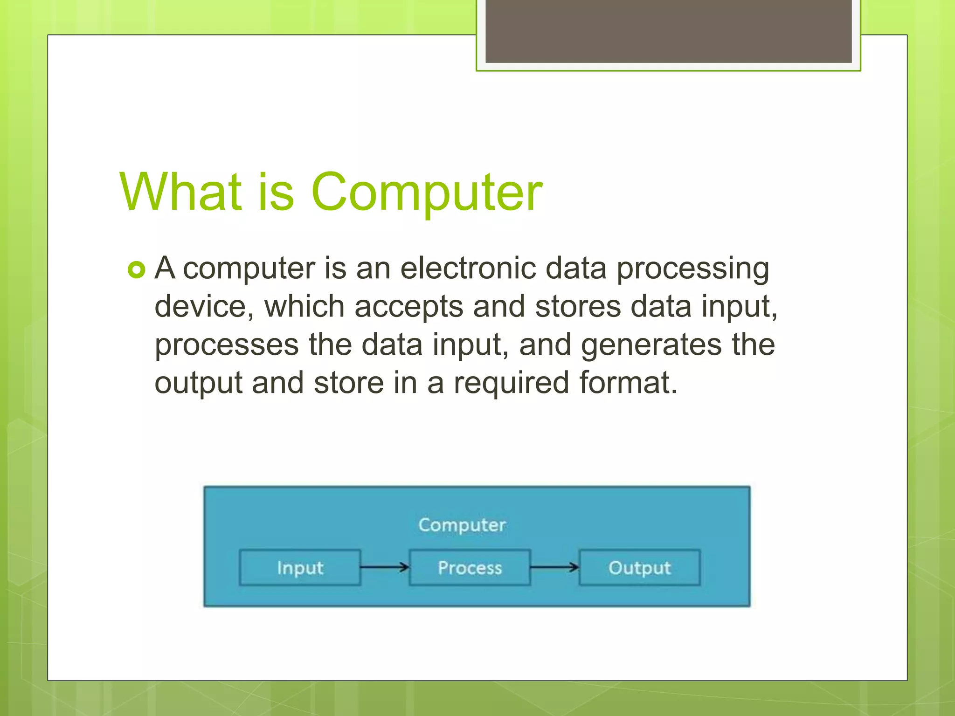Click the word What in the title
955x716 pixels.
coord(180,192)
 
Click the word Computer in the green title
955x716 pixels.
coord(426,192)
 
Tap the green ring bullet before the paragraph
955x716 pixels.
coord(136,270)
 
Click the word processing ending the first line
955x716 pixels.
coord(693,269)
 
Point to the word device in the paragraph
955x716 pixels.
coord(204,307)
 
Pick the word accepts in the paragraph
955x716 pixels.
coord(408,308)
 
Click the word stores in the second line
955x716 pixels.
coord(578,307)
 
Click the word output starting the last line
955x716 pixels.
coord(198,384)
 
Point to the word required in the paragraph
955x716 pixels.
coord(512,384)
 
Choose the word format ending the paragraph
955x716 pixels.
coord(628,383)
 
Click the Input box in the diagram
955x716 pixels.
coord(300,568)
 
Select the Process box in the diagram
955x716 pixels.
coord(470,568)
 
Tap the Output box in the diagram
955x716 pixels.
coord(639,568)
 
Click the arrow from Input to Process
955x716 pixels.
coord(385,567)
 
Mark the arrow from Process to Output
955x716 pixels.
coord(554,567)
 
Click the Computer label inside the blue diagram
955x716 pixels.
coord(462,525)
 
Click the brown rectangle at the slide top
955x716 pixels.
coord(668,31)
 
